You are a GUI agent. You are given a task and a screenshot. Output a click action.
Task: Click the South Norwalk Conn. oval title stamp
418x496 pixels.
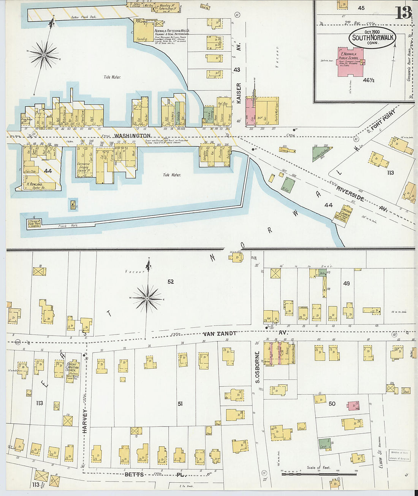pos(372,38)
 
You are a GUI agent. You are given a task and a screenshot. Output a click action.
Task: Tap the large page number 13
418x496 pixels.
pos(403,13)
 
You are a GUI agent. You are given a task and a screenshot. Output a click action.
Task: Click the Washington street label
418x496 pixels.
pos(132,136)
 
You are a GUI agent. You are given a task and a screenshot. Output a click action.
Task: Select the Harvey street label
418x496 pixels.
pos(85,422)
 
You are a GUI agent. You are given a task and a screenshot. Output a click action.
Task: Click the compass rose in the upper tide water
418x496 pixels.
pos(44,55)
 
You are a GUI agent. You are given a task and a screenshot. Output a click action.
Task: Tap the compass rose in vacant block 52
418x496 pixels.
pos(147,299)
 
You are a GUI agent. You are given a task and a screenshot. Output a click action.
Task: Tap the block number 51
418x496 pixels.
pos(180,403)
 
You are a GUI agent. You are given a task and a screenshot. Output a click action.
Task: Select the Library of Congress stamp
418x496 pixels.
pos(399,455)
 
